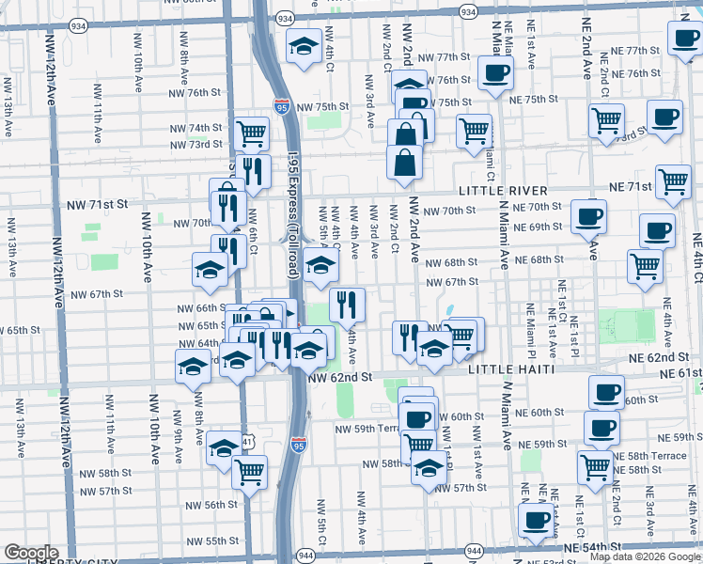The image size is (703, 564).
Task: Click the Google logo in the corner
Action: pyautogui.click(x=30, y=553)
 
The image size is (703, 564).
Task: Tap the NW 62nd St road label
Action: pyautogui.click(x=340, y=376)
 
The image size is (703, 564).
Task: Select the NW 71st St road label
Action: pyautogui.click(x=96, y=202)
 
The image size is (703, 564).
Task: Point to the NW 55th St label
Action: pyautogui.click(x=212, y=540)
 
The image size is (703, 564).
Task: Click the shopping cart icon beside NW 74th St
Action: pyautogui.click(x=251, y=133)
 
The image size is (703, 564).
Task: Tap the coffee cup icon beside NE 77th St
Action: pyautogui.click(x=684, y=38)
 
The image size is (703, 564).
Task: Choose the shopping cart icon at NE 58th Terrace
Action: pyautogui.click(x=595, y=464)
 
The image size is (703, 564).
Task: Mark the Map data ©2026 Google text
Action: pyautogui.click(x=645, y=556)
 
